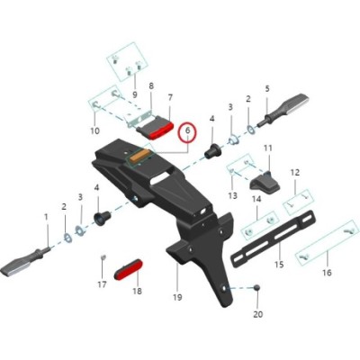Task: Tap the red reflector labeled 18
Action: click(x=129, y=270)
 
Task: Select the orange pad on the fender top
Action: click(x=141, y=157)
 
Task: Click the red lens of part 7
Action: click(x=162, y=131)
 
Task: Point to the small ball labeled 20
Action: click(x=256, y=288)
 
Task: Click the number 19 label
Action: click(x=177, y=297)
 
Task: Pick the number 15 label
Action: click(x=279, y=265)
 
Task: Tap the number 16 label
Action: click(x=327, y=273)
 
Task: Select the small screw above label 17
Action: click(x=103, y=256)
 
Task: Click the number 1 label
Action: click(x=46, y=216)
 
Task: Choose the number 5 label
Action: click(x=267, y=88)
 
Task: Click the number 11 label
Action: click(x=267, y=148)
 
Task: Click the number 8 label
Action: click(x=151, y=85)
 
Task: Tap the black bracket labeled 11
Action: click(x=265, y=183)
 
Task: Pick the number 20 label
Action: click(x=258, y=314)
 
